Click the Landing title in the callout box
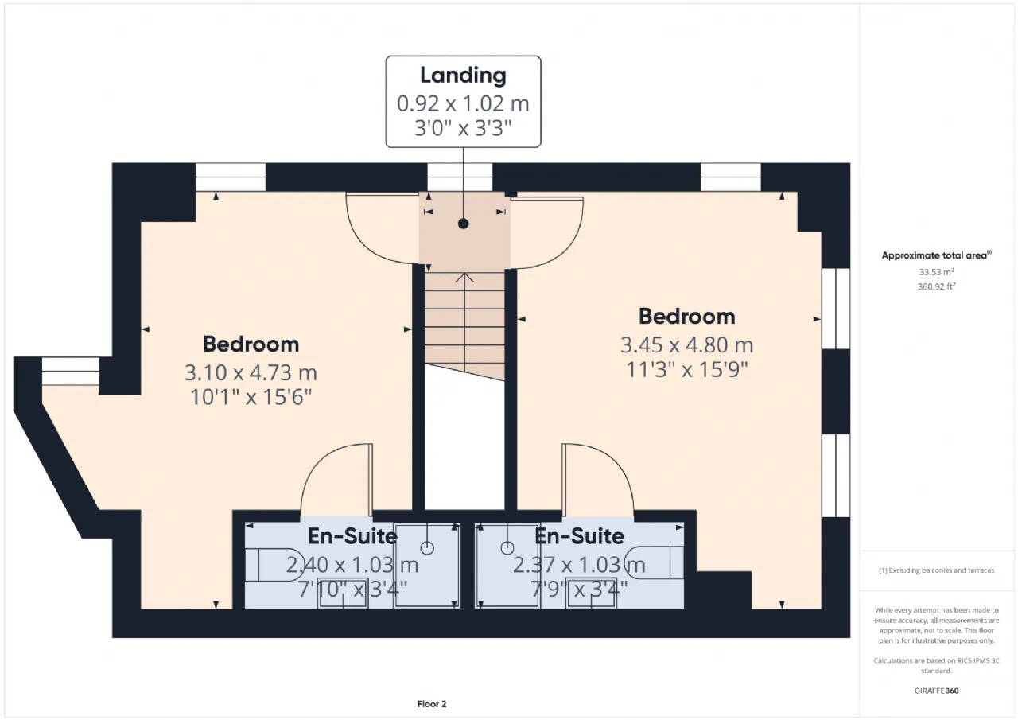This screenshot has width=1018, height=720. [x=463, y=76]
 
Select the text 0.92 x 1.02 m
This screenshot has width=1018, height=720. [x=463, y=103]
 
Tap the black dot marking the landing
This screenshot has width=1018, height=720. [x=463, y=224]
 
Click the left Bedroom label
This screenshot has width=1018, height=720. [x=251, y=344]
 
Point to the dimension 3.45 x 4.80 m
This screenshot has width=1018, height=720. [x=686, y=345]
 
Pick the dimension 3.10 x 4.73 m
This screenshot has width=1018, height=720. [x=251, y=372]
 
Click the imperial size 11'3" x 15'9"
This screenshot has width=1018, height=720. [x=686, y=369]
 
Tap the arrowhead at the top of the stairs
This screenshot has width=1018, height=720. [x=464, y=278]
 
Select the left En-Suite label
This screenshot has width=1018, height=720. [x=352, y=536]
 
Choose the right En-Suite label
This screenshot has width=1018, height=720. [x=579, y=536]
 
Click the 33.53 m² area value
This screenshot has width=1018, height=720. [x=936, y=272]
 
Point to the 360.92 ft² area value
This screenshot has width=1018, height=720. [x=936, y=286]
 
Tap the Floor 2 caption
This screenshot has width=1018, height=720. [x=432, y=704]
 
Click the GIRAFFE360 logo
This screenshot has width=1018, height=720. [x=936, y=691]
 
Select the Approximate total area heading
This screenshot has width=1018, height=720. [x=936, y=255]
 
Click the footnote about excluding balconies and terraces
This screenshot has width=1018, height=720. [x=936, y=570]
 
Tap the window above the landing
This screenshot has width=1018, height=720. [x=460, y=177]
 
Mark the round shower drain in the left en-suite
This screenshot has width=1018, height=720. [x=427, y=548]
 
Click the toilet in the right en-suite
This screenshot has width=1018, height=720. [x=654, y=562]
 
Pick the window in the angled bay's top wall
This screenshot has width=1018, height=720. [x=71, y=372]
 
